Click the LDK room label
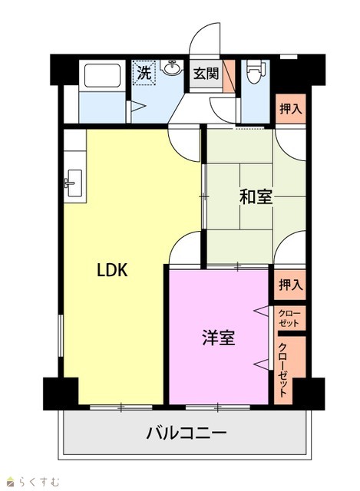click(x=113, y=270)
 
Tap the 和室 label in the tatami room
click(x=256, y=197)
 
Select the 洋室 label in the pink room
click(x=218, y=338)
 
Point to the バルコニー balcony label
click(x=186, y=433)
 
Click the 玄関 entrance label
click(x=206, y=74)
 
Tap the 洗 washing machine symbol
click(x=145, y=73)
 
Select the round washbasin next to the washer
click(x=171, y=67)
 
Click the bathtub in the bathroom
click(x=102, y=75)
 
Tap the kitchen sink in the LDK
click(x=74, y=183)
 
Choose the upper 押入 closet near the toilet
click(x=290, y=109)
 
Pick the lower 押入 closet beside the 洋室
click(x=290, y=285)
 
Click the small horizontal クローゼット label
click(x=289, y=318)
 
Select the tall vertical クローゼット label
click(x=283, y=370)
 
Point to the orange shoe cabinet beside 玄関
click(x=229, y=75)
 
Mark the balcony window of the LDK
click(x=121, y=407)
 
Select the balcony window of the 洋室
click(x=218, y=407)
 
